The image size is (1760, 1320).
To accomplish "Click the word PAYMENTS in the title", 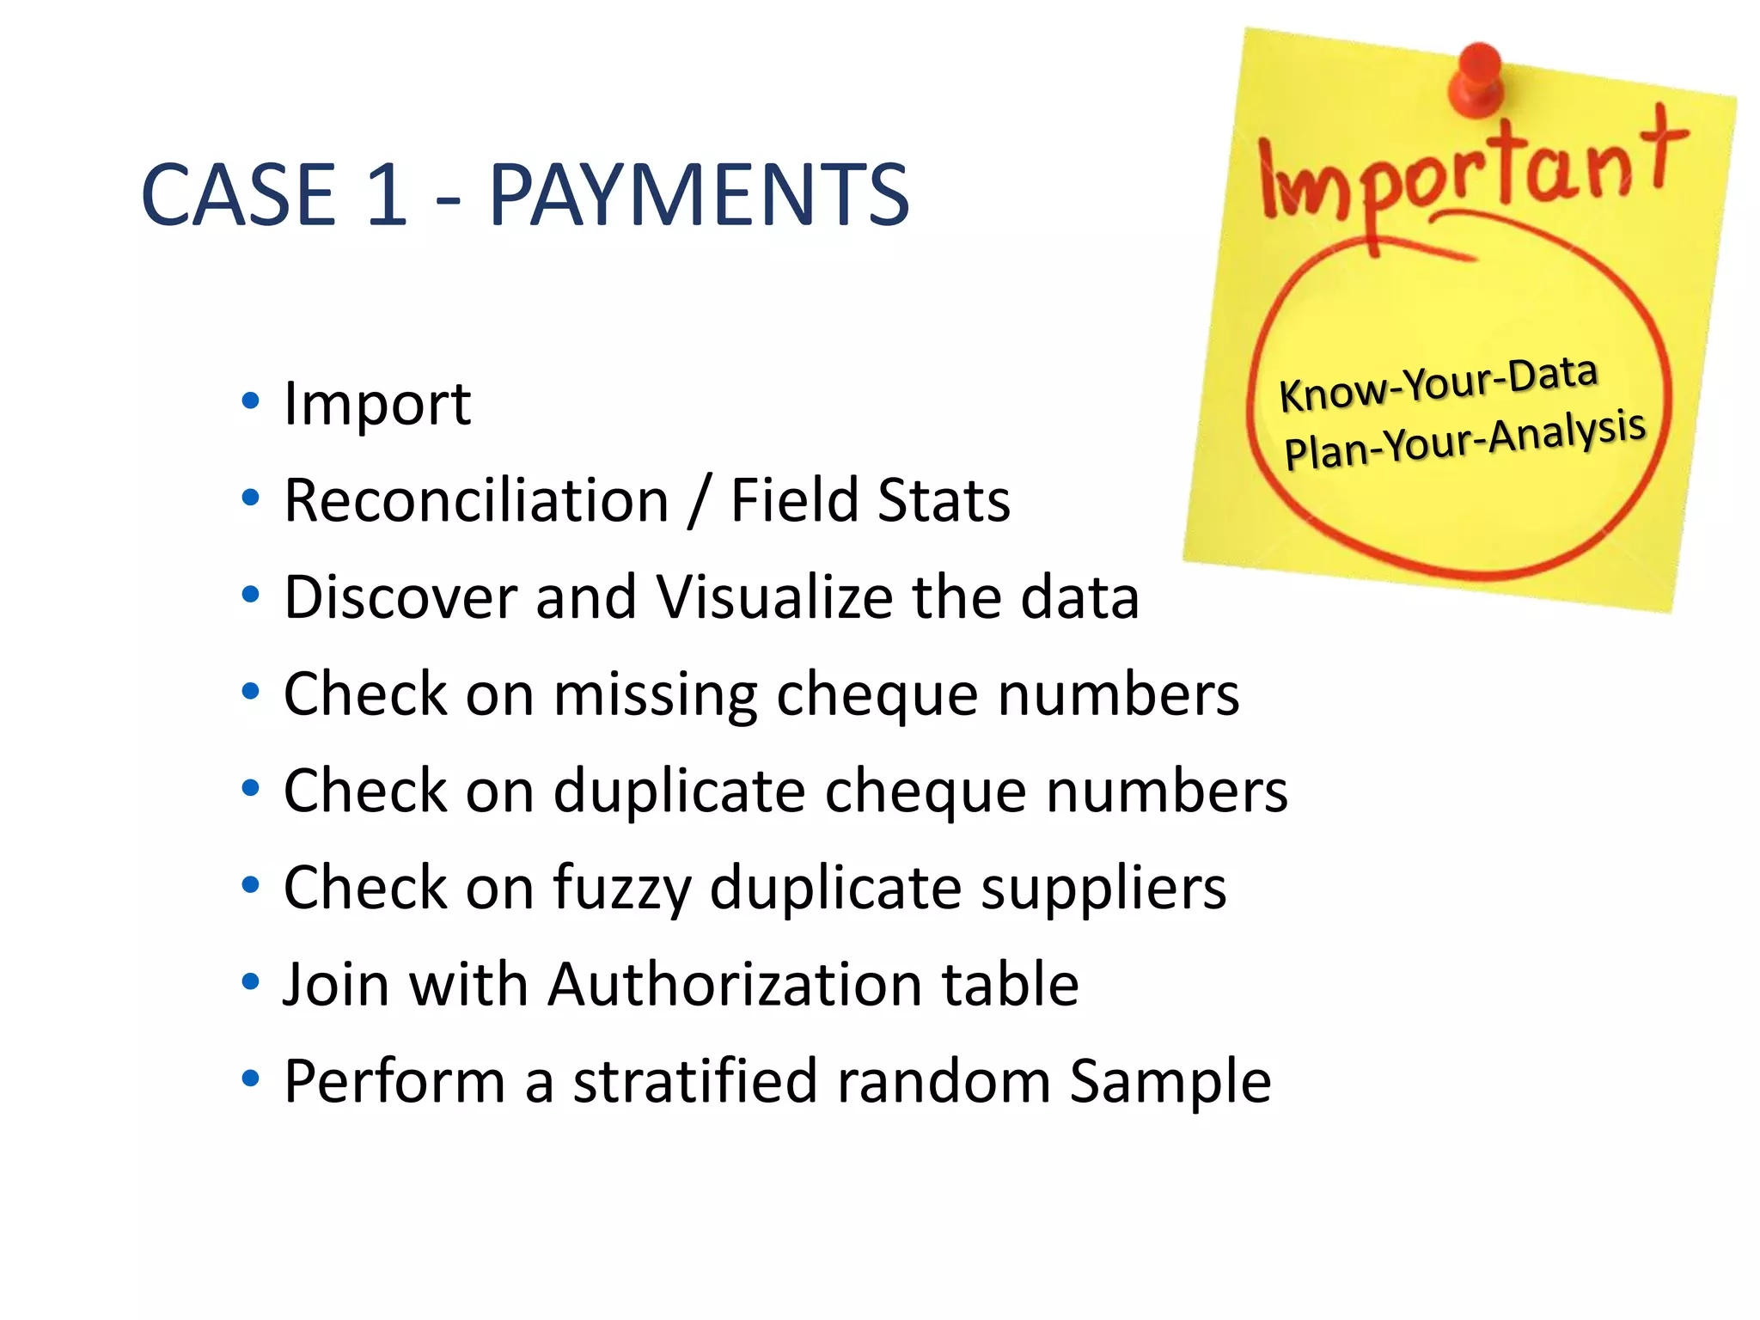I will [x=699, y=196].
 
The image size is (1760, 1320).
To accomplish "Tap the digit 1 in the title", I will [x=386, y=196].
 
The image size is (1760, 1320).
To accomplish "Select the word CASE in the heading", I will [x=238, y=196].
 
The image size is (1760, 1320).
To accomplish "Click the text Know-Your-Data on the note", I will [x=1438, y=383].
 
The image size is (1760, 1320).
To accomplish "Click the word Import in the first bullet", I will [x=377, y=403].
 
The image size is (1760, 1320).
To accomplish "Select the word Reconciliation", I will [x=476, y=500].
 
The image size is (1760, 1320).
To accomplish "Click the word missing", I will [x=656, y=694].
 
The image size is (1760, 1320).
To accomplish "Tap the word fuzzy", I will [x=621, y=889].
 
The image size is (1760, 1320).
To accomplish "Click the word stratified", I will [x=694, y=1081].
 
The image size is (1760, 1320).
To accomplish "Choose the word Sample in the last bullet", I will [x=1170, y=1081].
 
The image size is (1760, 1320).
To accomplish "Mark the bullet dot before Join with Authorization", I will [x=250, y=981].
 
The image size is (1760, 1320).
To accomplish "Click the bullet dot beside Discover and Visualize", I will [x=250, y=595].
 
